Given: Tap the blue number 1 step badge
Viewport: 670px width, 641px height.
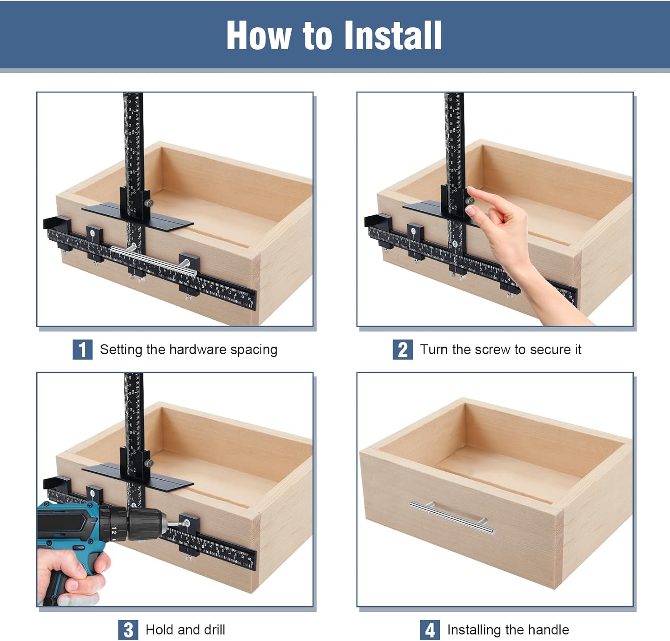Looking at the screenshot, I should tap(82, 349).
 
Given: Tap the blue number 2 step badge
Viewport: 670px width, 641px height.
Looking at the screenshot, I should tap(402, 349).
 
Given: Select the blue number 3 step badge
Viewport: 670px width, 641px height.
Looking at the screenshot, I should tap(128, 630).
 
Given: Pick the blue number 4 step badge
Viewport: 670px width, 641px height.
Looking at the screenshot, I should tap(430, 630).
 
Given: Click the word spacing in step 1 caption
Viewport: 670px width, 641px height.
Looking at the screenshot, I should tap(254, 350).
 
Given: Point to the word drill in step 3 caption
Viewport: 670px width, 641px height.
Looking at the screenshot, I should tap(214, 630).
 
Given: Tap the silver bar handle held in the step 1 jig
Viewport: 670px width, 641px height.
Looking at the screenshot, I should tap(154, 261).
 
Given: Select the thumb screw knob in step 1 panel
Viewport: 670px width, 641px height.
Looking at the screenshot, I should tap(149, 203).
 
